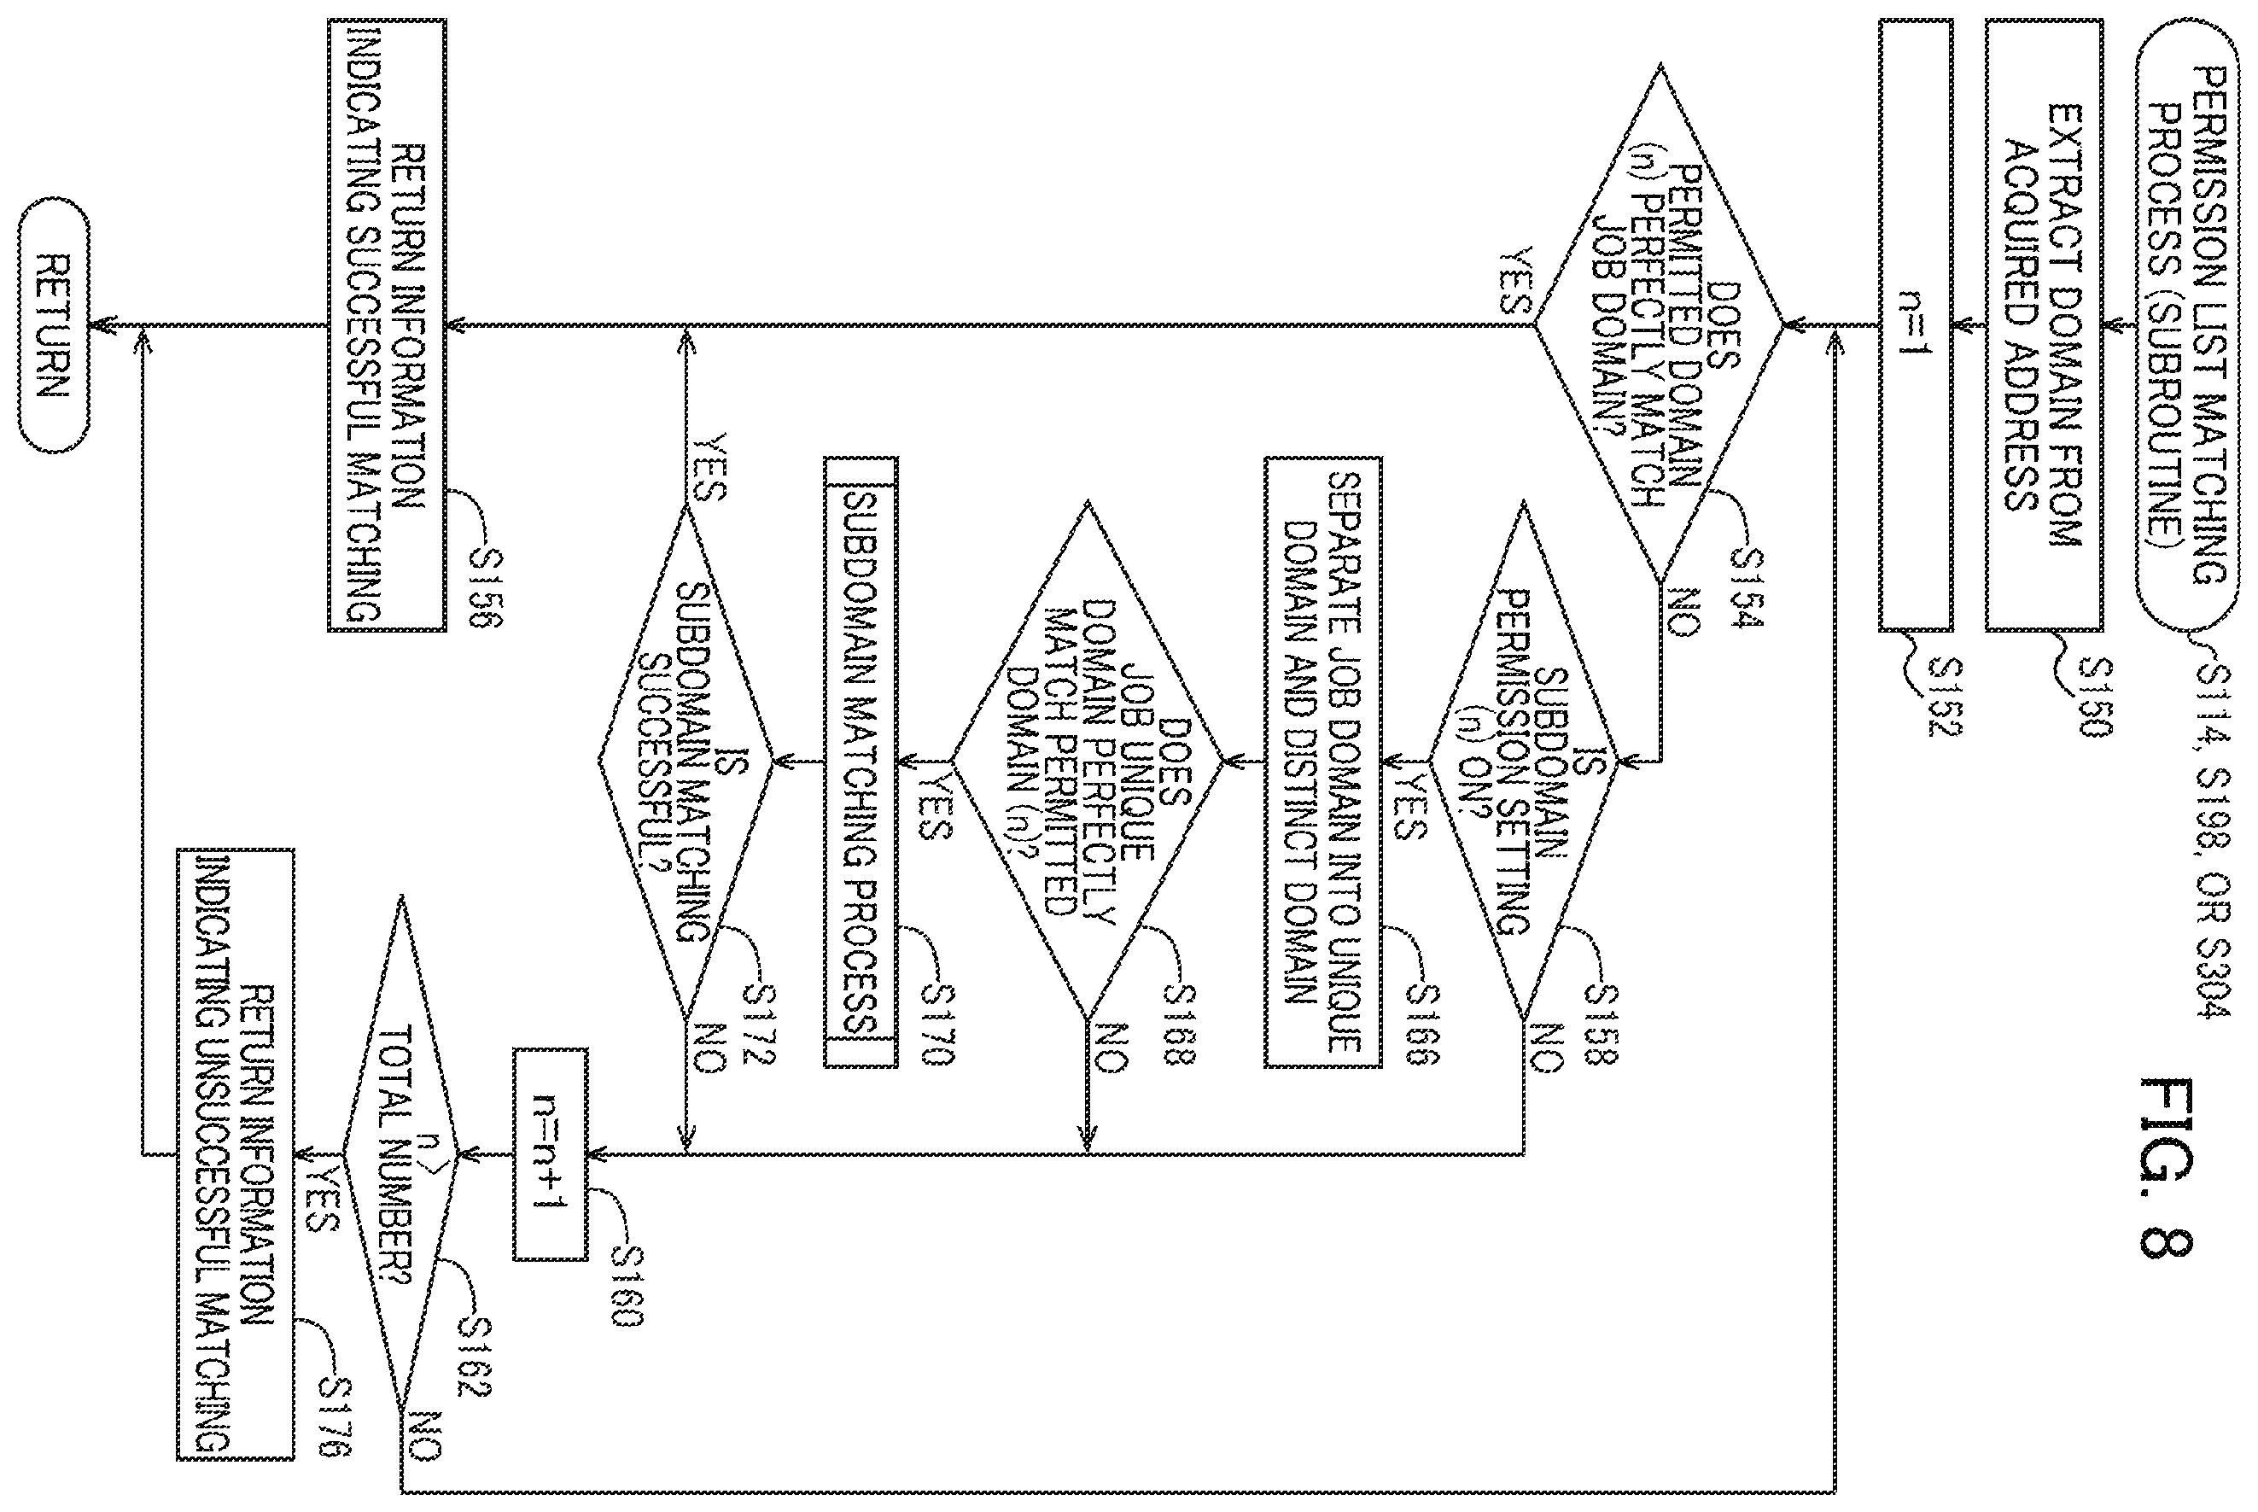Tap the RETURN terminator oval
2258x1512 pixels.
tap(54, 325)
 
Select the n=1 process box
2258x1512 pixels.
tap(1915, 325)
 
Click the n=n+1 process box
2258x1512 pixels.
tap(550, 1153)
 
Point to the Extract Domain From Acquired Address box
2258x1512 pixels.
tap(2044, 325)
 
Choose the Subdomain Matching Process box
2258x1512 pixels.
tap(860, 762)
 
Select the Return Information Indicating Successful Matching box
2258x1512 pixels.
tap(387, 325)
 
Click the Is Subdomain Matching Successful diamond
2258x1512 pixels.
tap(686, 762)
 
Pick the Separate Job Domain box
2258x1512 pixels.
tap(1323, 762)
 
